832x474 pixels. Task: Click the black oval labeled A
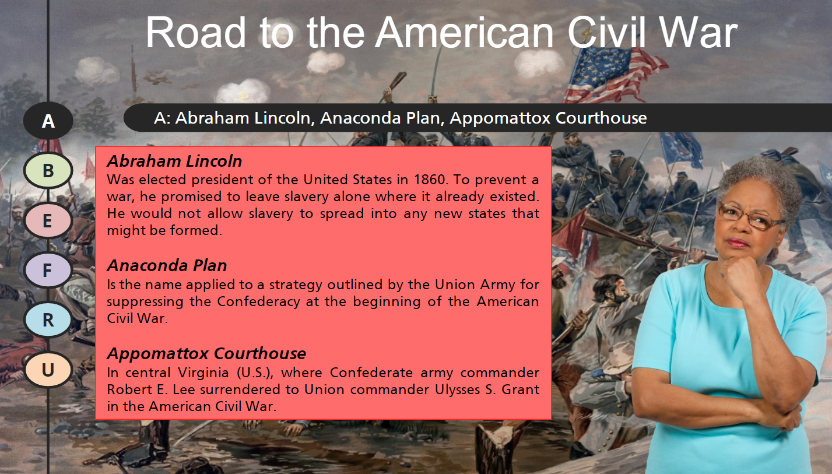pyautogui.click(x=48, y=121)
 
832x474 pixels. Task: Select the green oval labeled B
pyautogui.click(x=48, y=170)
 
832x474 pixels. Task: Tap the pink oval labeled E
pyautogui.click(x=48, y=220)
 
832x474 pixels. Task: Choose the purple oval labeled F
pyautogui.click(x=48, y=270)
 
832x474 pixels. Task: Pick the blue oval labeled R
pyautogui.click(x=48, y=319)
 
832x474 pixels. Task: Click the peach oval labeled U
pyautogui.click(x=48, y=370)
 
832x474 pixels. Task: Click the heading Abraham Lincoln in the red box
pyautogui.click(x=174, y=161)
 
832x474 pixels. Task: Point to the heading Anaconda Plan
pyautogui.click(x=167, y=266)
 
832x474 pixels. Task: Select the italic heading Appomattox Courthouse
pyautogui.click(x=206, y=353)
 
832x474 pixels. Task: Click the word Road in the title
pyautogui.click(x=196, y=32)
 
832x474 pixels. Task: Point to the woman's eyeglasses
pyautogui.click(x=750, y=216)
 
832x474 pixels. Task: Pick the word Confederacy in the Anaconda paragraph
pyautogui.click(x=258, y=301)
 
